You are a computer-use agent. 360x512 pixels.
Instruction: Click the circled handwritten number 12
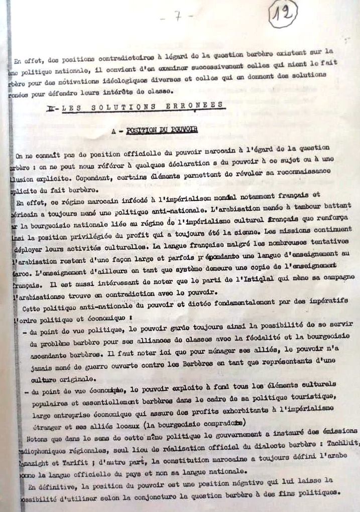(283, 15)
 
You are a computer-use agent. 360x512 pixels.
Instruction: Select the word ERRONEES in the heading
(201, 106)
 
